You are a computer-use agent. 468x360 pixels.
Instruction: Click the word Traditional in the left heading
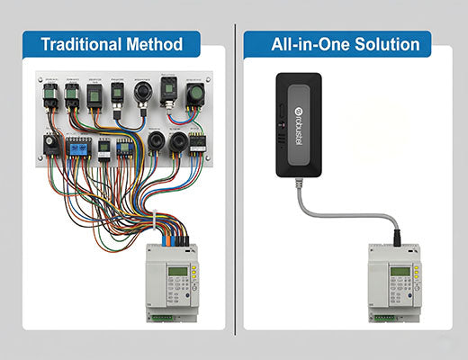[x=81, y=44]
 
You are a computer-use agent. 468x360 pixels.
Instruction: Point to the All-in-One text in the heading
[x=308, y=43]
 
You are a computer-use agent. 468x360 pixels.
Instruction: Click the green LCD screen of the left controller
[x=176, y=272]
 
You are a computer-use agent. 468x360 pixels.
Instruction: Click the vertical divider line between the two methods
[x=235, y=180]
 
